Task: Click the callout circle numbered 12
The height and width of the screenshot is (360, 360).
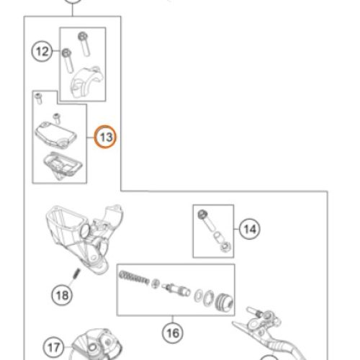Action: coord(42,51)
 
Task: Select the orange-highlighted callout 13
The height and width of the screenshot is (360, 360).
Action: coord(105,137)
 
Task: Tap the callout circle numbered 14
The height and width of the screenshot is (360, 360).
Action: coord(250,229)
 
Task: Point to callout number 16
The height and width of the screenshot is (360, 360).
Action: coord(173,333)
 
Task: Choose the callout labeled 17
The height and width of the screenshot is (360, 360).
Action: coord(53,347)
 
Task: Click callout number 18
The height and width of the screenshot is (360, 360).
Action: coord(62,295)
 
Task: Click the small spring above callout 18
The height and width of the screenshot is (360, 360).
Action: coord(76,274)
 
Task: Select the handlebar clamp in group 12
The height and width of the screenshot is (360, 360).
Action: coord(87,82)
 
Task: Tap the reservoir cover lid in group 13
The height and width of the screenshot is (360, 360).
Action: coord(55,134)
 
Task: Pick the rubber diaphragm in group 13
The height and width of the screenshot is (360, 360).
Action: coord(63,165)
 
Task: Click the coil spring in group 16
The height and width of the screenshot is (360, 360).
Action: coord(134,277)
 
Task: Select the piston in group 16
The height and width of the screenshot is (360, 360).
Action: coord(176,289)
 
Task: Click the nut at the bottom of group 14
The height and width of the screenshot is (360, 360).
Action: coord(225,247)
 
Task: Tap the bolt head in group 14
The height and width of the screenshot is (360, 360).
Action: coord(202,214)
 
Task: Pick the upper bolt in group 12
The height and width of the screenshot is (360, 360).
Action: coord(84,44)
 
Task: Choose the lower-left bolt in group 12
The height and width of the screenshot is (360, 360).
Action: coord(68,60)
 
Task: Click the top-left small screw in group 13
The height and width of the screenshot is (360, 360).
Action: coord(38,99)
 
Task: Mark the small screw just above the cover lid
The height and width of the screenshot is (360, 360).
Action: coord(57,118)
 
